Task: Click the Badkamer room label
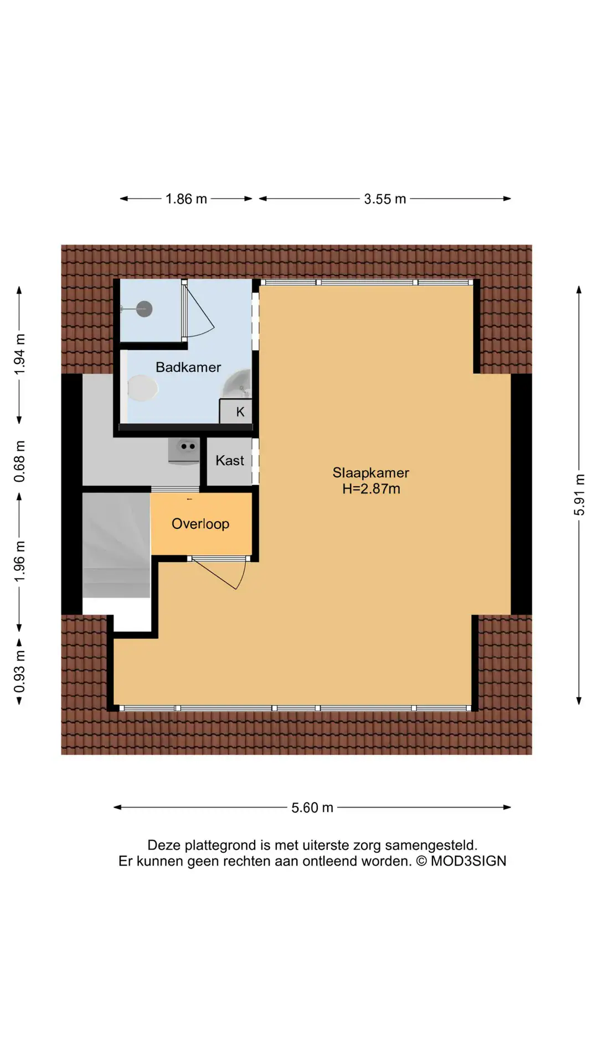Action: tap(188, 367)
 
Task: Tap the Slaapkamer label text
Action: tap(370, 473)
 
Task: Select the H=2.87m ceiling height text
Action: tap(371, 489)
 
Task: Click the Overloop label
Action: tap(200, 524)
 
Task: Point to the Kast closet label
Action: tap(230, 461)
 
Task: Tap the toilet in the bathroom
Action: tap(143, 388)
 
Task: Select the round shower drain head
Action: tap(145, 309)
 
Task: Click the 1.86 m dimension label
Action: tap(186, 199)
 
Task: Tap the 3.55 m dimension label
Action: tap(385, 199)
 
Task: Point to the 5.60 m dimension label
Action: tap(312, 808)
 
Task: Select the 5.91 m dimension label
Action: tap(579, 494)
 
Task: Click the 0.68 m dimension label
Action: tap(19, 461)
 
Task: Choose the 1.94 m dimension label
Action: tap(19, 355)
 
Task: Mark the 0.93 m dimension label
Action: tap(19, 671)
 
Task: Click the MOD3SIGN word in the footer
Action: tap(468, 861)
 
